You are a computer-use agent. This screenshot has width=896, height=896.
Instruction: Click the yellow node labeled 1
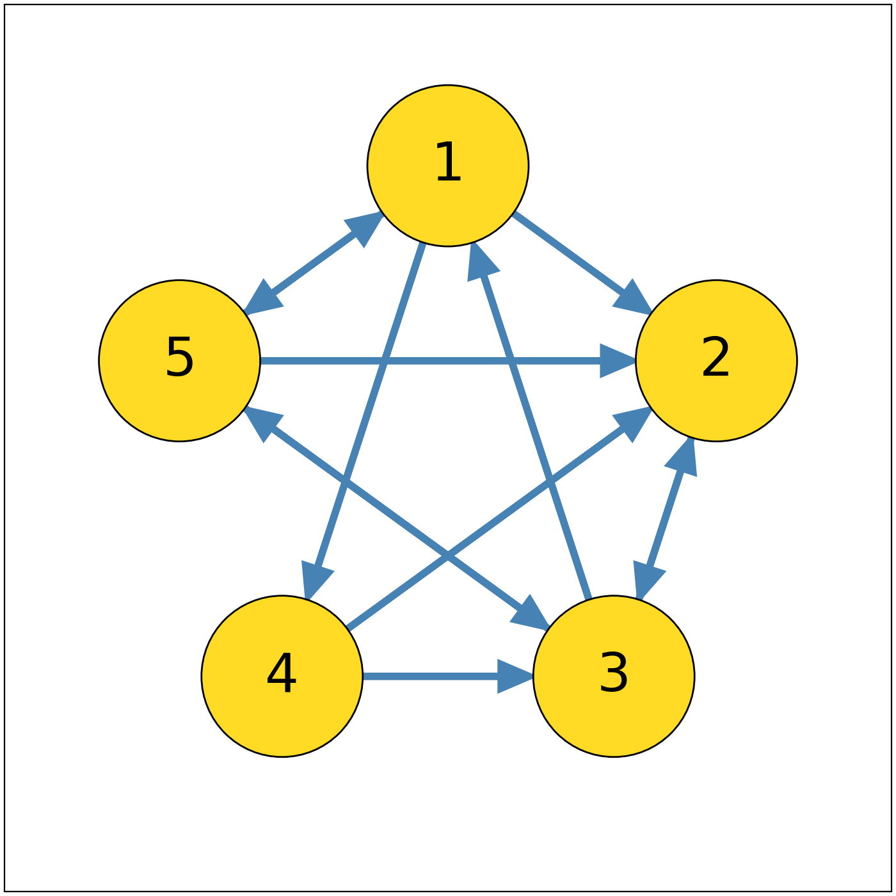[448, 166]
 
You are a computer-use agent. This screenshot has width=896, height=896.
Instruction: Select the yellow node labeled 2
[716, 360]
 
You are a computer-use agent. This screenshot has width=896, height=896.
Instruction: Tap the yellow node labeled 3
[614, 676]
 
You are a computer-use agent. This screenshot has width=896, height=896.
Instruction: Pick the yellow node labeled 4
[282, 676]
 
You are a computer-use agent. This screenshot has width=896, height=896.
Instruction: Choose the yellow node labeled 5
[180, 360]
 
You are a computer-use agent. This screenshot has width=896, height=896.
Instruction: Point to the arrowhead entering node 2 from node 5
[616, 361]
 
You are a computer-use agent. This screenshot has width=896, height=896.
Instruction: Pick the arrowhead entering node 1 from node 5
[364, 227]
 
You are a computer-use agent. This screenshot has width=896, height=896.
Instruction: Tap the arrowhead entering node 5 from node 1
[263, 299]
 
